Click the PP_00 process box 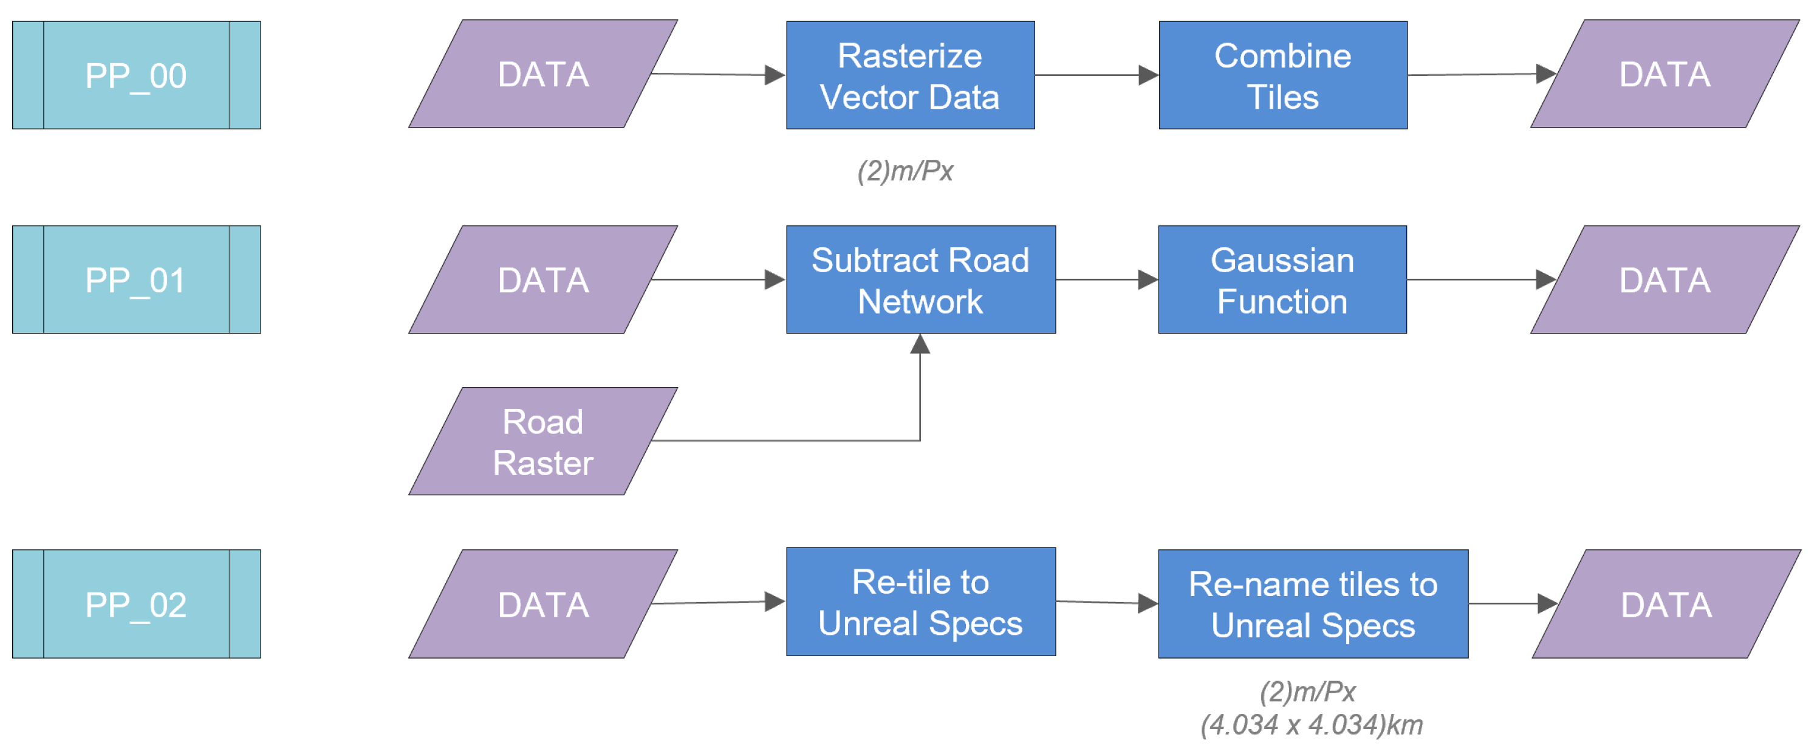136,75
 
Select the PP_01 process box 136,280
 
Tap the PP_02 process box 136,604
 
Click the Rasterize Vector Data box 910,75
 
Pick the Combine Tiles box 1282,75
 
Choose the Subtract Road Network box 920,280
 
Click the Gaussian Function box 1282,280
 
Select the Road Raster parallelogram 542,441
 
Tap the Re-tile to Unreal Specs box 920,602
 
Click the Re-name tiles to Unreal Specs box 1313,604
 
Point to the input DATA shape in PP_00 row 542,74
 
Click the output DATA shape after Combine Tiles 1664,74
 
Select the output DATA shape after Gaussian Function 1664,280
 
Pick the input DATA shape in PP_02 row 542,604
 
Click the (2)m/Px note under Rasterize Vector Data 905,171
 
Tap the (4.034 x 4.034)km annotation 1312,725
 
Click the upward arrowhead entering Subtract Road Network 920,344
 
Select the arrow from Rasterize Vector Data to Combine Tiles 1096,75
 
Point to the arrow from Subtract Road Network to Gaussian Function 1106,280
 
